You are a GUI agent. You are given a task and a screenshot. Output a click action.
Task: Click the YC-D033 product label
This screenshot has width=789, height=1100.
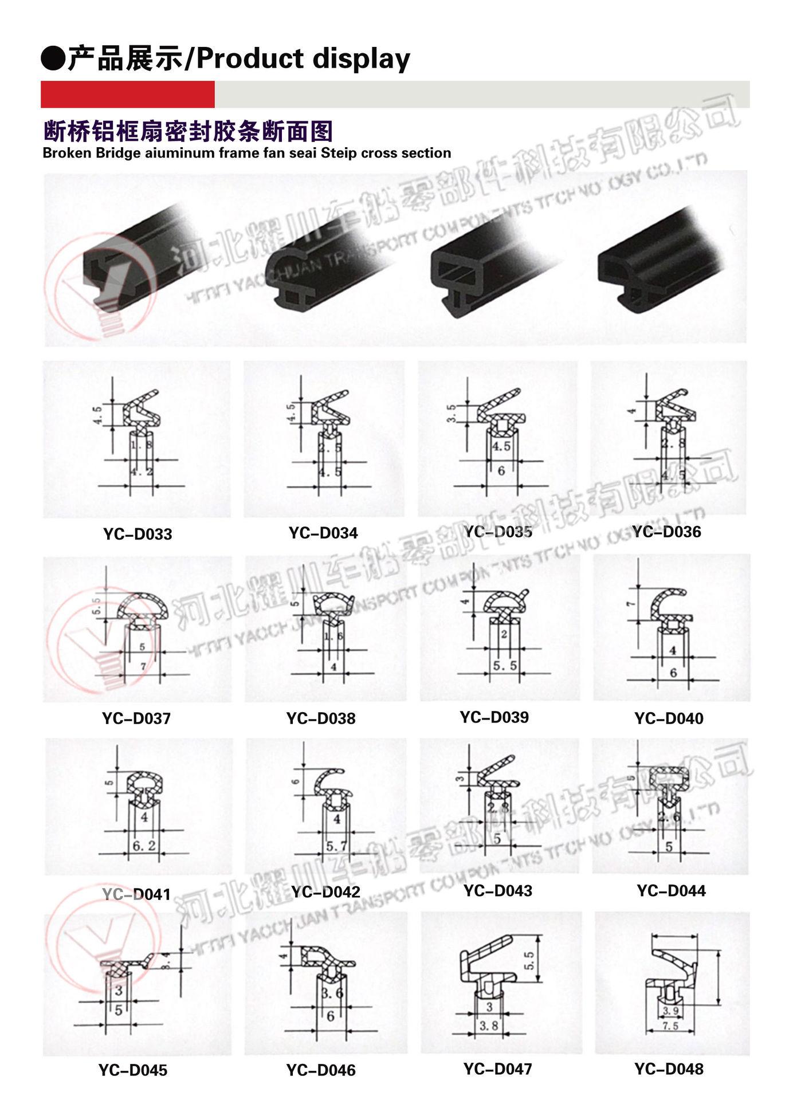[x=138, y=534]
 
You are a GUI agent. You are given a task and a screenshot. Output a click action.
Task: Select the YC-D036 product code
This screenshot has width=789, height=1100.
[x=666, y=532]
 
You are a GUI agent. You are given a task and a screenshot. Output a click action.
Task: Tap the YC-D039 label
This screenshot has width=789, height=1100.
[x=494, y=717]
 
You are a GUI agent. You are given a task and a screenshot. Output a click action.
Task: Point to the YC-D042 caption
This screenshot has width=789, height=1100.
[x=325, y=891]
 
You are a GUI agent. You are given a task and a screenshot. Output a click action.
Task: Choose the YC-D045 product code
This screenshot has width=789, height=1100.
[x=133, y=1070]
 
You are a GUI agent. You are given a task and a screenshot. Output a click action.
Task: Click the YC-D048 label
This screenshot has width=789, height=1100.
[x=669, y=1068]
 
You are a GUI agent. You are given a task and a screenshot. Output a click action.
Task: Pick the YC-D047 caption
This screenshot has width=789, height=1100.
[x=497, y=1068]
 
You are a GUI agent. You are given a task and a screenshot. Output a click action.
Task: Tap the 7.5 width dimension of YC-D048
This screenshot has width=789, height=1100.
[x=670, y=1026]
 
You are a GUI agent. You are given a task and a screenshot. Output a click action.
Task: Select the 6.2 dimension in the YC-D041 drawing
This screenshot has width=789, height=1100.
[x=144, y=845]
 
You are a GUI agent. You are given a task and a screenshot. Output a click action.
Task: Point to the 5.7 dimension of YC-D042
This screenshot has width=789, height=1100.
[x=336, y=846]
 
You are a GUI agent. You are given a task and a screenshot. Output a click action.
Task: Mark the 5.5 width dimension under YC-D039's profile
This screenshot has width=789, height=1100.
[x=504, y=665]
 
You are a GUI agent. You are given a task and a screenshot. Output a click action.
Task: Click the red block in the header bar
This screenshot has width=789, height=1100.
[x=127, y=95]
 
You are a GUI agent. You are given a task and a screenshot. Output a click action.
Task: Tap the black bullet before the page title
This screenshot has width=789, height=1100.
[x=53, y=60]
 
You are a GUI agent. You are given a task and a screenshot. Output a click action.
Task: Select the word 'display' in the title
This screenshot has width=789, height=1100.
[x=360, y=60]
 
